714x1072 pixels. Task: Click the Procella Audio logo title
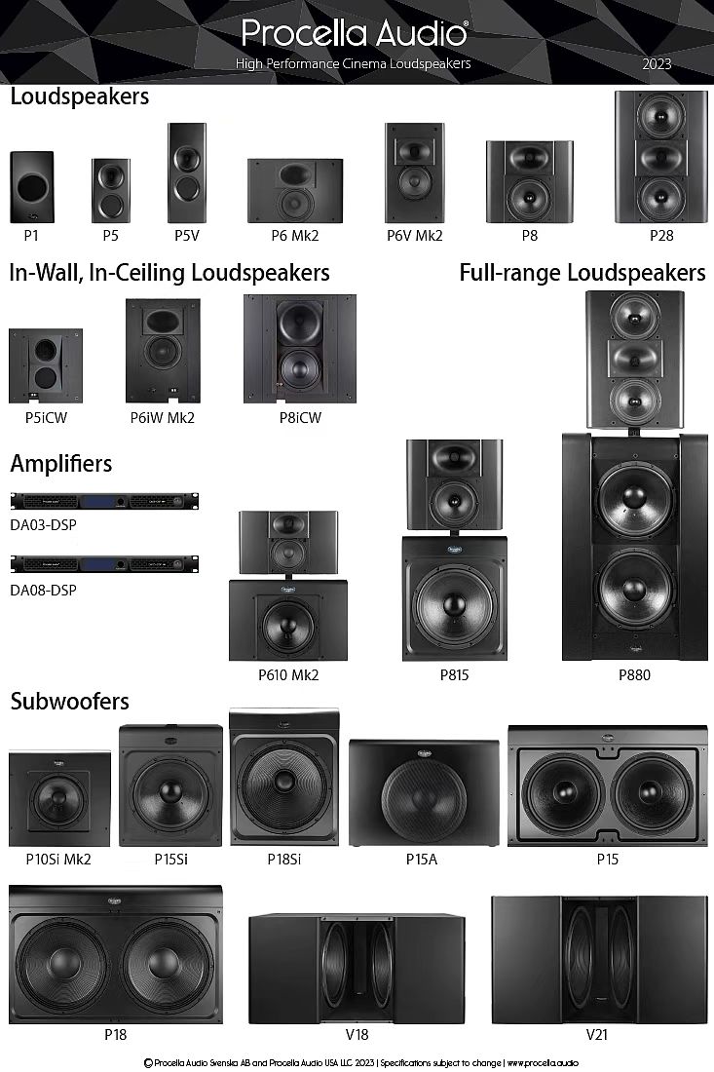tap(355, 33)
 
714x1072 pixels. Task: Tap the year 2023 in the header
tap(657, 64)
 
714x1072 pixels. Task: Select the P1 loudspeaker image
tap(32, 187)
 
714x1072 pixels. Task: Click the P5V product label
tap(186, 235)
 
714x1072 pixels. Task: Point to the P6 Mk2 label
tap(294, 235)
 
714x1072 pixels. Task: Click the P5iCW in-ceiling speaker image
tap(46, 365)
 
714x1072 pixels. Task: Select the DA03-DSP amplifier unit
tap(104, 502)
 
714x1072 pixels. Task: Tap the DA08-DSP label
tap(43, 590)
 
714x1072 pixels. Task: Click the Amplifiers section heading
tap(60, 464)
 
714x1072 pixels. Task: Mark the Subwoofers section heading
tap(69, 702)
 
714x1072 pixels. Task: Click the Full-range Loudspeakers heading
tap(582, 272)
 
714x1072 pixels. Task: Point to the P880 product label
tap(634, 674)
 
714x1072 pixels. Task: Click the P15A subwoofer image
tap(424, 792)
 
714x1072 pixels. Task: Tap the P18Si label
tap(283, 859)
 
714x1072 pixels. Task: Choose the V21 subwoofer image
tap(596, 960)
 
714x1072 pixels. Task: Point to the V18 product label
tap(357, 1034)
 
